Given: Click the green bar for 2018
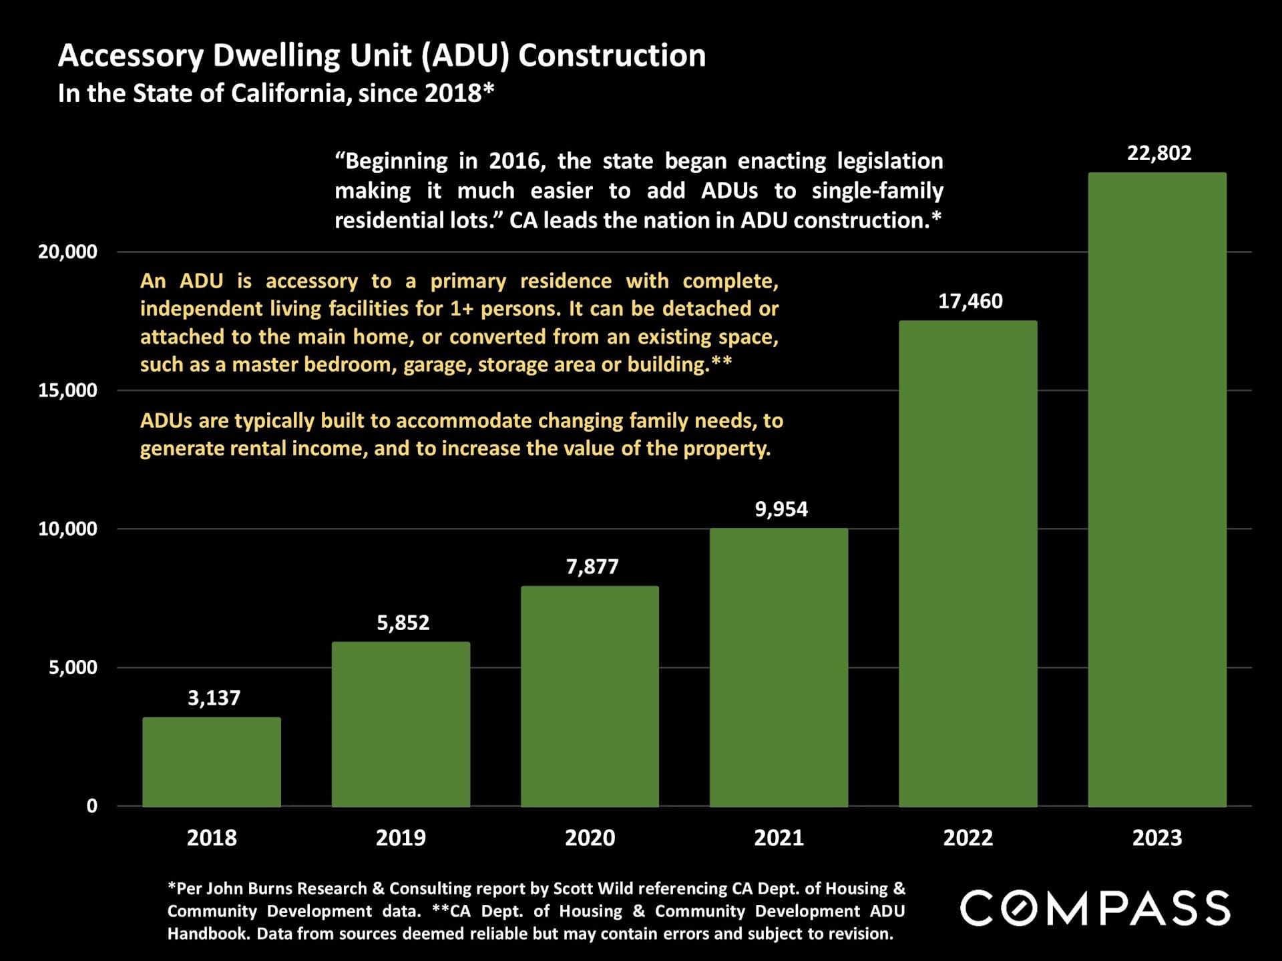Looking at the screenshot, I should [x=212, y=761].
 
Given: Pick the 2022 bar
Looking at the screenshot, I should [x=968, y=563].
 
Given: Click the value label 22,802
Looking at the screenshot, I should [x=1159, y=153].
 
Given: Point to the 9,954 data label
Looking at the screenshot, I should [x=781, y=509].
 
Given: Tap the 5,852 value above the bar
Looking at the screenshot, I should [x=403, y=623].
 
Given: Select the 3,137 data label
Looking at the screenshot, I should [x=214, y=698].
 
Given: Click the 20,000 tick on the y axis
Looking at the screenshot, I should [x=67, y=252].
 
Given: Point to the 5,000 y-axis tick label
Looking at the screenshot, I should [x=73, y=667].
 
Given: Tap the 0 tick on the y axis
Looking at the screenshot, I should [x=92, y=806].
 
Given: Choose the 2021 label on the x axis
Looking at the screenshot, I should [x=779, y=838].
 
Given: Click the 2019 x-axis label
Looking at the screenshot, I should [x=401, y=838].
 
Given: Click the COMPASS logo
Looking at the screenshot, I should [x=1095, y=908].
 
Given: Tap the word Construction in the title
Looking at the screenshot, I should [x=612, y=55].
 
